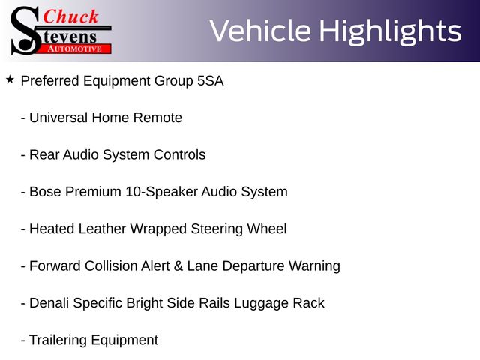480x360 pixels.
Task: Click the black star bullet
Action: (10, 80)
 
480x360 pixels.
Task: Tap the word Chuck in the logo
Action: (70, 16)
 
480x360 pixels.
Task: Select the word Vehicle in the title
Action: (260, 31)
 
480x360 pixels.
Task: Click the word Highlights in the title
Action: (391, 31)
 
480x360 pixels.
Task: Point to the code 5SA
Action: (210, 81)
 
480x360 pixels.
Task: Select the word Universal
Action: (58, 118)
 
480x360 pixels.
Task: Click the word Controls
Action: (179, 155)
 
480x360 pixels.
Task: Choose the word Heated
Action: (52, 229)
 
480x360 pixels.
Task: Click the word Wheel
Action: (267, 229)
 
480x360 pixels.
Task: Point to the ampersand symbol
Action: (178, 266)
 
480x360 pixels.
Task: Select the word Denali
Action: (49, 303)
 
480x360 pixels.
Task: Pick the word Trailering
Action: (58, 340)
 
